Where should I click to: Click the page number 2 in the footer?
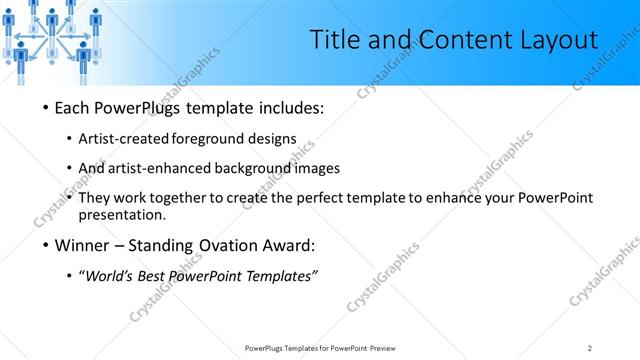tap(589, 348)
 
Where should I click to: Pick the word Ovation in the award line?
tap(227, 245)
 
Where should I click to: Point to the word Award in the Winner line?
tap(289, 245)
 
